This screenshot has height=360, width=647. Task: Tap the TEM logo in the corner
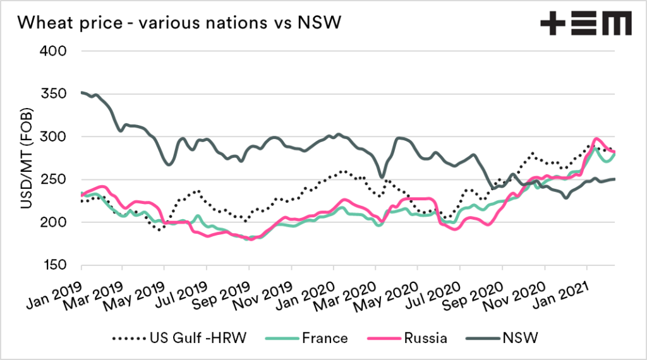pyautogui.click(x=586, y=25)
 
